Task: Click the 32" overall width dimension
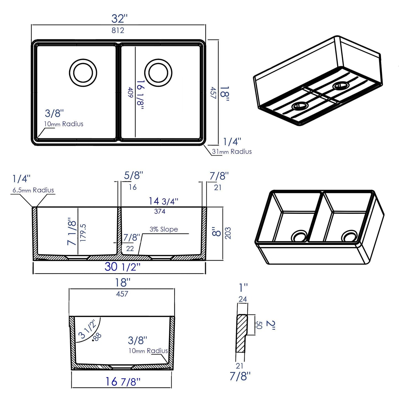click(119, 19)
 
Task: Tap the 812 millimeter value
click(118, 30)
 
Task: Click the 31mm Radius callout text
click(232, 152)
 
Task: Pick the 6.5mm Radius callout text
click(33, 190)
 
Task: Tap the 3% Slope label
click(164, 229)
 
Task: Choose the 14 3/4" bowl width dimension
click(163, 201)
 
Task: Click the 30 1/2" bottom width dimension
click(122, 267)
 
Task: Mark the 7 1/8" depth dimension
click(72, 231)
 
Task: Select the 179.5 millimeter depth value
click(83, 233)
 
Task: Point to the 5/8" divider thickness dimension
click(133, 176)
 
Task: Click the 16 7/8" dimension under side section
click(123, 382)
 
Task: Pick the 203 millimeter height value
click(228, 233)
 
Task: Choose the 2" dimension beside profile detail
click(271, 325)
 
